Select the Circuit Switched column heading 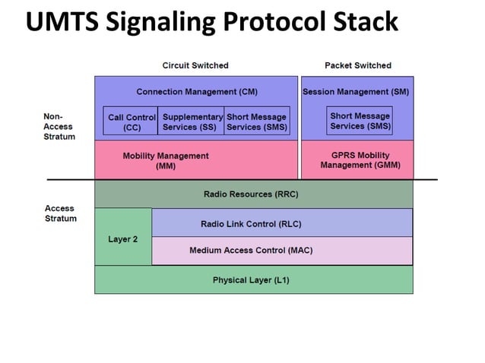(195, 65)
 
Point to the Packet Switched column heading (357, 65)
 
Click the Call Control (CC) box (131, 122)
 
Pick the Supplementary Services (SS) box (192, 122)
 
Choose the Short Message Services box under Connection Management (256, 122)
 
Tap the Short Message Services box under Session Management (360, 122)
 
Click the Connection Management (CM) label (196, 92)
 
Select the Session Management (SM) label (356, 92)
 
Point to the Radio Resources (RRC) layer (251, 194)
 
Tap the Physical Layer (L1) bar (251, 280)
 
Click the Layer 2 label (122, 238)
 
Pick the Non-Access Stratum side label (59, 126)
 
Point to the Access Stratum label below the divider (60, 213)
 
